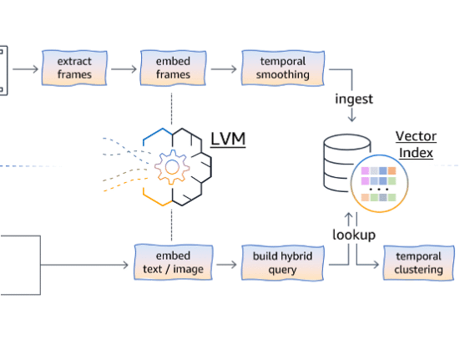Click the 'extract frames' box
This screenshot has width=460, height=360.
(74, 68)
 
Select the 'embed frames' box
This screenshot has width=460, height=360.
(173, 68)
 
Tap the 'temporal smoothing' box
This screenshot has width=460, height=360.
(283, 68)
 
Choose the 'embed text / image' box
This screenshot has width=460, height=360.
(174, 262)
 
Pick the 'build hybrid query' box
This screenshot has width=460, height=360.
(282, 262)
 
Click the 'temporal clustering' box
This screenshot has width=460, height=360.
(418, 263)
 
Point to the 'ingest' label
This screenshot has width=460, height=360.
(354, 99)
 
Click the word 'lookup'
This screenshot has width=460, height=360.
(354, 235)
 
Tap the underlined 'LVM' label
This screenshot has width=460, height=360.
(228, 139)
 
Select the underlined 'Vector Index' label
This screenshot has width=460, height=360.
(416, 145)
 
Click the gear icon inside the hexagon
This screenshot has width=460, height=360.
(172, 167)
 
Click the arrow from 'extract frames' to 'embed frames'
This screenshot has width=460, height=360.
(124, 69)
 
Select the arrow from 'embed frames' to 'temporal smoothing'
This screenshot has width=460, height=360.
(224, 69)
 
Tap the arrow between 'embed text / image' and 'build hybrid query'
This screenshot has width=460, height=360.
(226, 265)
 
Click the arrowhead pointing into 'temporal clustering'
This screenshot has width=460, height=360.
(376, 265)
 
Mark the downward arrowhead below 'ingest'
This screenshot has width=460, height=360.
(351, 119)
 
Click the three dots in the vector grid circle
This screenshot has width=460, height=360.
(379, 190)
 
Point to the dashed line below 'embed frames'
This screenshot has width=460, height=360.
(172, 109)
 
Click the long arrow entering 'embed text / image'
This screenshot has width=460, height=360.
(84, 265)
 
